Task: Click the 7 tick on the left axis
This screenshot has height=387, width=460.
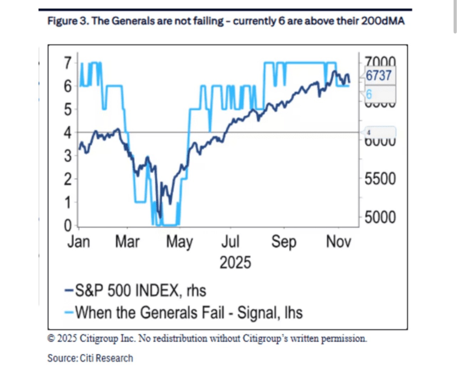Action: click(x=68, y=63)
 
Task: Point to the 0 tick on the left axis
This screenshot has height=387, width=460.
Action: click(x=68, y=225)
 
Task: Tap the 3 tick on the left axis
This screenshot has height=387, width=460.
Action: click(x=68, y=156)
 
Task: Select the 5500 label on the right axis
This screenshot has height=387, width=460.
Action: click(x=380, y=179)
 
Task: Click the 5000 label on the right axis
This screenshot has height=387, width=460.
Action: click(x=380, y=217)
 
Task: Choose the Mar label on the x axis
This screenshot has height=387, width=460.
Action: click(x=127, y=242)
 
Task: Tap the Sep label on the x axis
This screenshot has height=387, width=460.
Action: click(x=284, y=242)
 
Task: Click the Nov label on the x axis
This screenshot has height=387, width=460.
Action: click(x=338, y=242)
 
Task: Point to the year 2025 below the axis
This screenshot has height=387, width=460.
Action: click(x=235, y=263)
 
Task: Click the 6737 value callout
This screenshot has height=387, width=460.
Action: click(x=379, y=75)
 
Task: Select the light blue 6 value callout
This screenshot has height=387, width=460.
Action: click(x=369, y=94)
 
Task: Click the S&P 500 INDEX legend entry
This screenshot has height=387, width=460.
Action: click(x=136, y=291)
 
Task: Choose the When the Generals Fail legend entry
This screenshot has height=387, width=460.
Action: click(x=184, y=313)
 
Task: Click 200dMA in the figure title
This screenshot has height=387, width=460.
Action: click(x=383, y=21)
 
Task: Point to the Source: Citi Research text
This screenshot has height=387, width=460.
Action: click(x=90, y=358)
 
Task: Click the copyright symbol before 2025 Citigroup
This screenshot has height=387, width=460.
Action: click(x=51, y=338)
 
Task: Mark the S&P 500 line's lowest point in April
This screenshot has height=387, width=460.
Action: click(x=160, y=217)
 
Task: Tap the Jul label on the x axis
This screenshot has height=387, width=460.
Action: click(x=230, y=242)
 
